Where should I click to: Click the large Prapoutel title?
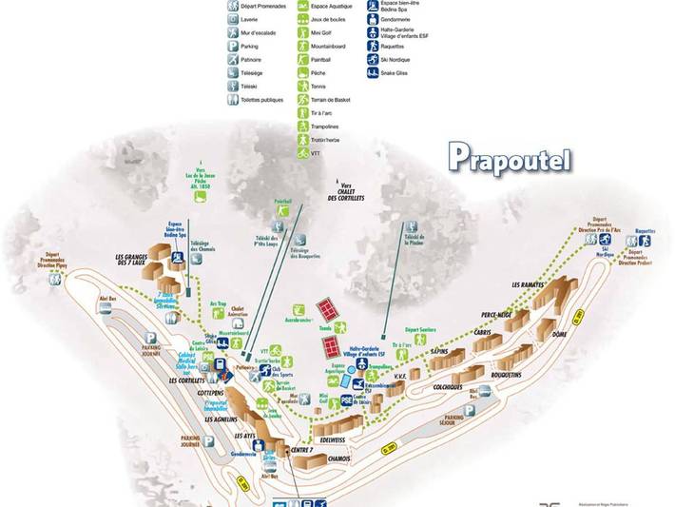510,157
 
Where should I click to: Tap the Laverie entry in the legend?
250,17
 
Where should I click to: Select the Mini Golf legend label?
320,31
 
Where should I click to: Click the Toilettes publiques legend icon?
233,99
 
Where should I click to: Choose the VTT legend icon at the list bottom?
302,152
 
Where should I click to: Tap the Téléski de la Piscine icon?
412,228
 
